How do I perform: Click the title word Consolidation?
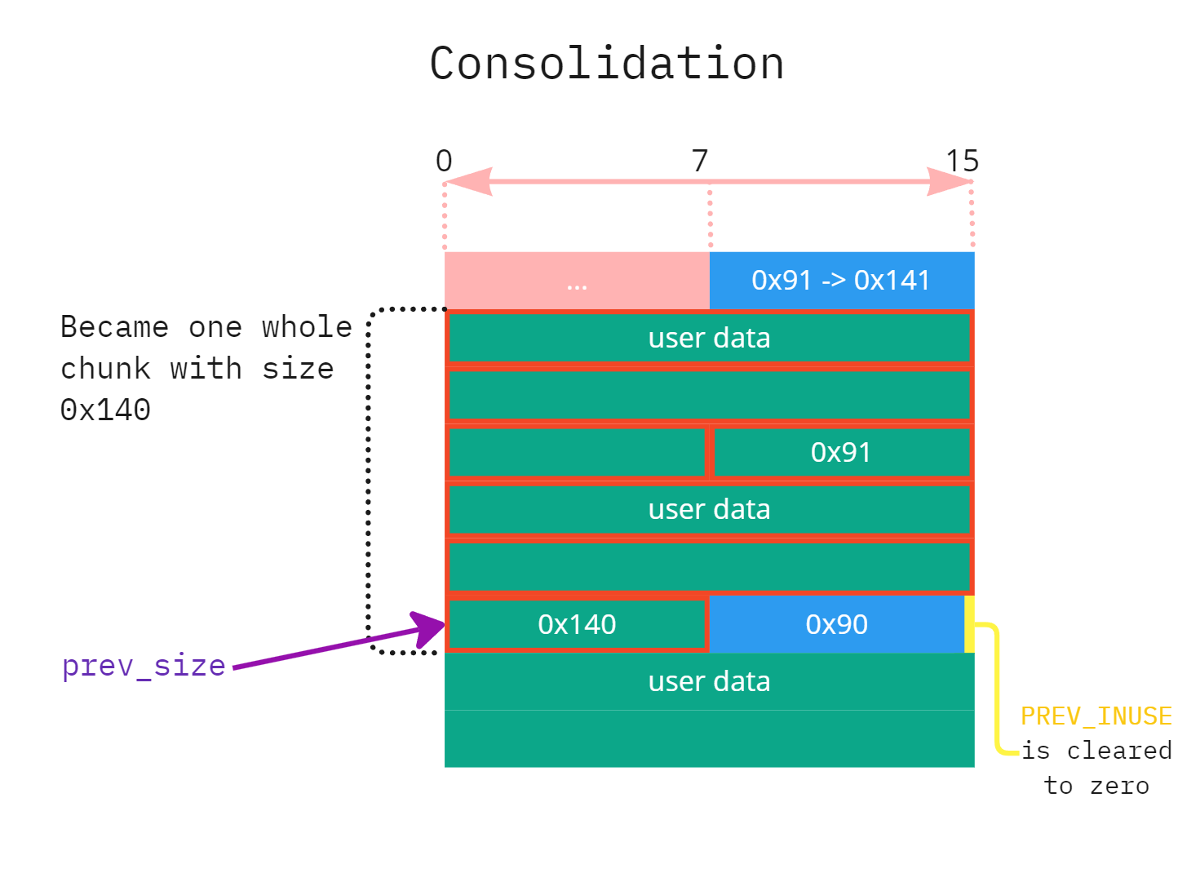(x=606, y=64)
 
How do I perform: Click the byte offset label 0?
(x=444, y=161)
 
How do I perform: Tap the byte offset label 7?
(x=700, y=161)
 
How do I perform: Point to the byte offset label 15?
(x=962, y=161)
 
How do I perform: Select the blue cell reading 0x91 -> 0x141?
(x=841, y=281)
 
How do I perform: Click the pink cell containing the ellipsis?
(x=577, y=281)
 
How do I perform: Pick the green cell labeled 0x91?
(x=841, y=452)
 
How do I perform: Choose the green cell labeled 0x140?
(x=577, y=624)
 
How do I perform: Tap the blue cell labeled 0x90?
(x=836, y=624)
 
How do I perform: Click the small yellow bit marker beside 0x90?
(x=969, y=624)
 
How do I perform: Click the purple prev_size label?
(x=144, y=666)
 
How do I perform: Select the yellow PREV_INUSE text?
(x=1096, y=716)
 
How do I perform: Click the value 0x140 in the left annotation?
(x=105, y=410)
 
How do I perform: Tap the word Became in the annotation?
(x=114, y=327)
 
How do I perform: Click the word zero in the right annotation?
(x=1119, y=786)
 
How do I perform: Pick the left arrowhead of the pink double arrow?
(x=468, y=181)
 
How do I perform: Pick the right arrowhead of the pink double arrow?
(x=950, y=181)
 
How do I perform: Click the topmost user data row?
(x=709, y=338)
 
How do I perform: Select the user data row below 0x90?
(x=709, y=681)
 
